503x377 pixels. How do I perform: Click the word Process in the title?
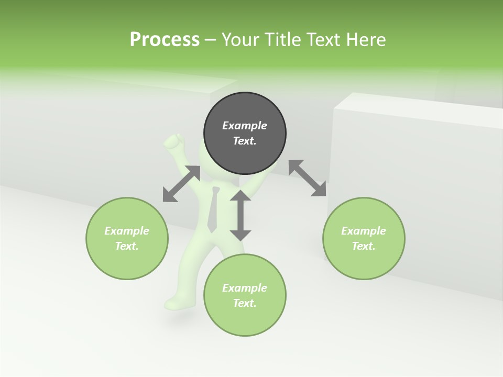point(165,40)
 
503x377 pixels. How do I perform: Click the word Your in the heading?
point(242,40)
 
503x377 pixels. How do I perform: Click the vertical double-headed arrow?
point(240,215)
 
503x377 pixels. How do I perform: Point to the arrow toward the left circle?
point(181,184)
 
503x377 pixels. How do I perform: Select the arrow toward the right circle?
point(308,178)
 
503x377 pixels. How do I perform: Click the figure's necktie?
point(213,212)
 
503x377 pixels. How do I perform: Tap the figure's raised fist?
point(174,142)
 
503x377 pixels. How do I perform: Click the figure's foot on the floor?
point(173,303)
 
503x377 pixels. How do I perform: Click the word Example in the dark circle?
point(245,126)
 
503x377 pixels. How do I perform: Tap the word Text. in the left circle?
point(127,246)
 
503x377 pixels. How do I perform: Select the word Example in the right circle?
point(364,231)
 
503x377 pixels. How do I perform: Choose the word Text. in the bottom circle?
point(245,303)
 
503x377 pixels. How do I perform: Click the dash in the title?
point(211,40)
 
